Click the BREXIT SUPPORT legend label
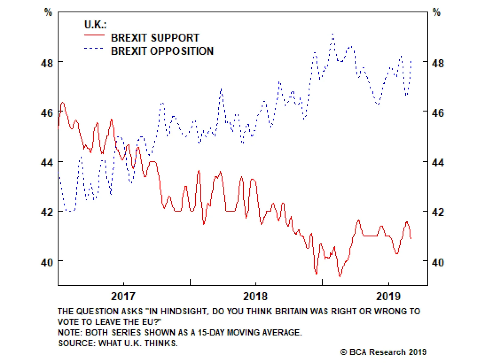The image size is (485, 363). (155, 38)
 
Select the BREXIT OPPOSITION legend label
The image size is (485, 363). (162, 51)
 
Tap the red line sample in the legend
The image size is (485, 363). (94, 35)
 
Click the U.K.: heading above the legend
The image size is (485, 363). (95, 25)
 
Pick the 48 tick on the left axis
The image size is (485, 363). (47, 63)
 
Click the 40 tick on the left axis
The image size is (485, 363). (47, 262)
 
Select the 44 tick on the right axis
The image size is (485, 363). (438, 163)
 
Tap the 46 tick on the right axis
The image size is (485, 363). (438, 113)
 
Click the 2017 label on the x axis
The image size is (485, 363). (123, 296)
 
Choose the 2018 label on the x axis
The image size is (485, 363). (255, 296)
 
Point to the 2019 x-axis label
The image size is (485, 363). (388, 296)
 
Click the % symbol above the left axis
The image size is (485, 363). (48, 12)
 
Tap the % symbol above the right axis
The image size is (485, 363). (436, 12)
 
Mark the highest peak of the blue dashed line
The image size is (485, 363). (333, 34)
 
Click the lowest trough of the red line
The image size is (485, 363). (340, 276)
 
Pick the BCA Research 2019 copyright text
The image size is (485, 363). (383, 352)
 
